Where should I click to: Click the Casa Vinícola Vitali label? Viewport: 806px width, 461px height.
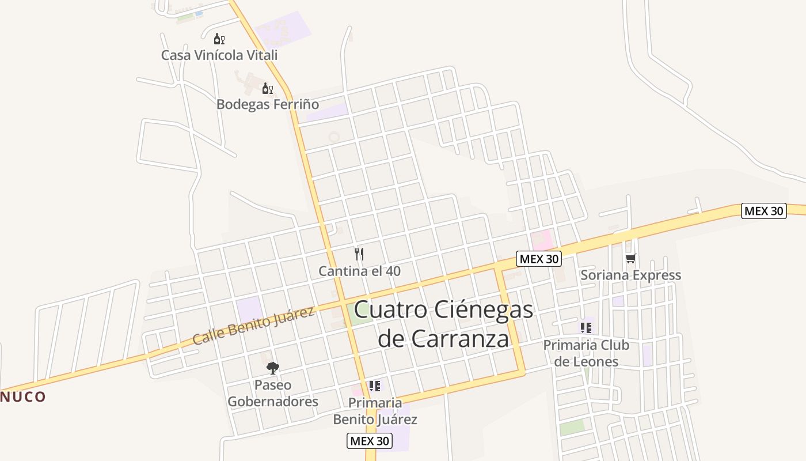[x=219, y=55]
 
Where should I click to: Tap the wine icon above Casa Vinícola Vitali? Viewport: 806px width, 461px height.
[x=219, y=39]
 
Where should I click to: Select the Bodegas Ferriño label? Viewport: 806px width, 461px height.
[x=267, y=104]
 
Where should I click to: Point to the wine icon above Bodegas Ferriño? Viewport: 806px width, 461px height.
[x=267, y=88]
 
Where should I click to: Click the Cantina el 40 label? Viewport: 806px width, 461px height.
[x=359, y=271]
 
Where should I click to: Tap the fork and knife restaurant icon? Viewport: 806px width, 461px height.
[x=359, y=254]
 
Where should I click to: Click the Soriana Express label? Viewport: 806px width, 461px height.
[x=630, y=275]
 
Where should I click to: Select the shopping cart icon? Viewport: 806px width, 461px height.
[x=631, y=258]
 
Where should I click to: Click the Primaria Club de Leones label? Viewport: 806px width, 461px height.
[x=586, y=353]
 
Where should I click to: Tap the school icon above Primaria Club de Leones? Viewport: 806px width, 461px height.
[x=586, y=328]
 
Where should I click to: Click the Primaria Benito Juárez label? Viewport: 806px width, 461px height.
[x=375, y=411]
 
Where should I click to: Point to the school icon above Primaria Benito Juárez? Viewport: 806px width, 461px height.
[x=375, y=386]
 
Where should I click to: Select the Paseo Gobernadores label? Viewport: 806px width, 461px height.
[x=273, y=393]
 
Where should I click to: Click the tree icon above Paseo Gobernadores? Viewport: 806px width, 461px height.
[x=273, y=368]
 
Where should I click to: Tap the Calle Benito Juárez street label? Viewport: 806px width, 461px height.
[x=253, y=326]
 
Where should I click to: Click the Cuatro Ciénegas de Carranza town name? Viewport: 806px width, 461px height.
[x=443, y=324]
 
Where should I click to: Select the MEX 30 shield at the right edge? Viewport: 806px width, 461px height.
[x=763, y=211]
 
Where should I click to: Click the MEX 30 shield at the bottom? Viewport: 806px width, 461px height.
[x=370, y=441]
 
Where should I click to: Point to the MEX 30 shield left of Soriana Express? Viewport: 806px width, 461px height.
[x=538, y=259]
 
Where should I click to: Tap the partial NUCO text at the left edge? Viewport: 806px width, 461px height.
[x=23, y=396]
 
